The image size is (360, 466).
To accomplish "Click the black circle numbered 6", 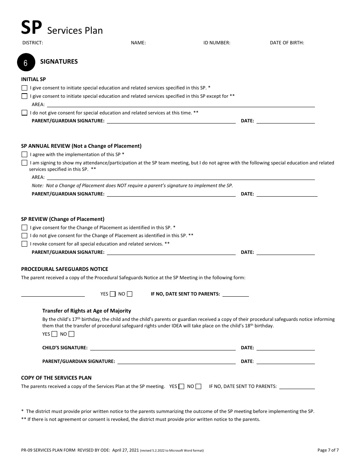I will coord(26,63).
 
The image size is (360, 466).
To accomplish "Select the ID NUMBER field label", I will coord(217,43).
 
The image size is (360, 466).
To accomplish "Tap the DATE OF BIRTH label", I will coord(287,43).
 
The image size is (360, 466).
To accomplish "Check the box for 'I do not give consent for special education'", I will coord(25,113).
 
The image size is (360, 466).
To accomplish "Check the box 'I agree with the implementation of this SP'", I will coord(25,155).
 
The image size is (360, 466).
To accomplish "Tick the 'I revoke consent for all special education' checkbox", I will coord(25,244).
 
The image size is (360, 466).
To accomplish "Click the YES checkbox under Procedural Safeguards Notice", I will coord(113,294).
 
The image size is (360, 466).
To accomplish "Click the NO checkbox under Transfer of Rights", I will coord(72,334).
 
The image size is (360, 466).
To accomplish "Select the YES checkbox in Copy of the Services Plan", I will coord(182,386).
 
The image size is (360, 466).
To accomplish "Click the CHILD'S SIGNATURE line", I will coord(163,348).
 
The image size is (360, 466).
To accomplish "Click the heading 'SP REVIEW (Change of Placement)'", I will coord(63,219).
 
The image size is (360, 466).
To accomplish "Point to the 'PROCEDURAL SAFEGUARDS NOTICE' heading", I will coord(64,269).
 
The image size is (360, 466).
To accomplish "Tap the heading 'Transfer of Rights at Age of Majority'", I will coord(86,311).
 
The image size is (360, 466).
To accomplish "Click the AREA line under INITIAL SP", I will coord(180,105).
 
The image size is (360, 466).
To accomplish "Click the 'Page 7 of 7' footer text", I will coord(328,450).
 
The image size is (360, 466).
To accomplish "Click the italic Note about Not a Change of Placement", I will coord(132,186).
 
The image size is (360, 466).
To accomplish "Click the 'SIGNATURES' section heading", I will coord(59,61).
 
